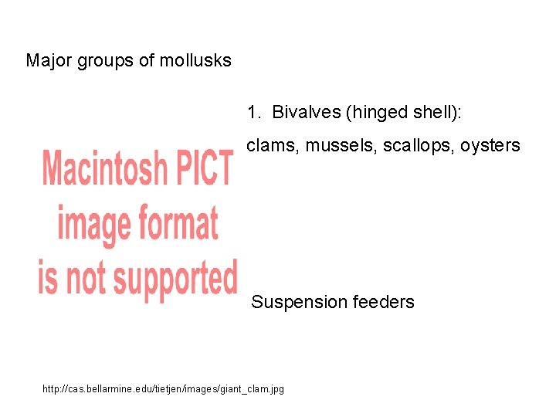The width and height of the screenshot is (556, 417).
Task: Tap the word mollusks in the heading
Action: (x=195, y=60)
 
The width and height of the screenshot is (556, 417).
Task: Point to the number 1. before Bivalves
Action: (x=254, y=112)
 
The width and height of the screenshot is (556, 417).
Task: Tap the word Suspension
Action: (x=299, y=302)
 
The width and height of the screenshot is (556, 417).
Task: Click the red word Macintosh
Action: (x=105, y=168)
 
